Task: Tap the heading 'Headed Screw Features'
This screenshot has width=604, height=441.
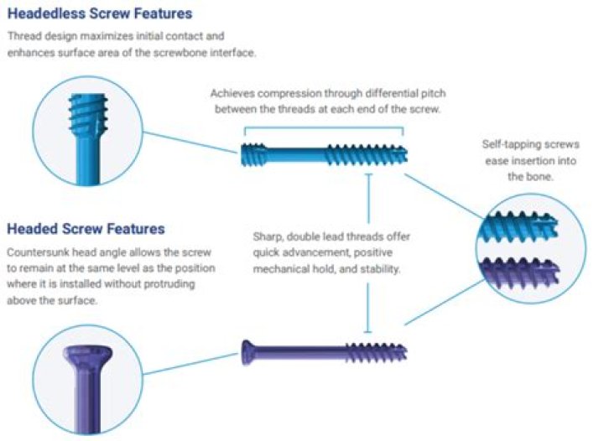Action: point(86,229)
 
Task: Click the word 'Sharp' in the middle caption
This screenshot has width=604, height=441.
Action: point(270,236)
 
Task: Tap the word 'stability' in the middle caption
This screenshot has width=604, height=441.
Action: point(384,270)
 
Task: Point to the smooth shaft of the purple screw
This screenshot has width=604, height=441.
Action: point(302,349)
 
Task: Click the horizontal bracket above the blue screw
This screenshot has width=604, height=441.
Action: point(323,128)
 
